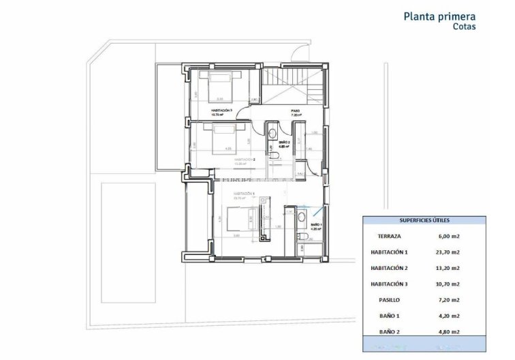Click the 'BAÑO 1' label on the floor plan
point(316,225)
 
